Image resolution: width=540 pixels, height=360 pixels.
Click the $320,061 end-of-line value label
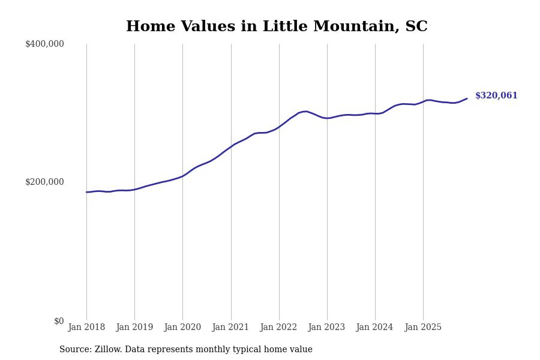coord(496,96)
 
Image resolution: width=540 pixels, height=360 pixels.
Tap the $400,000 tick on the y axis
coord(44,44)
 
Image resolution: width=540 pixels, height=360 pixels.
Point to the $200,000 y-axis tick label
coord(44,182)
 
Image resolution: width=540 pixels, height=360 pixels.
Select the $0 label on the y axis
coord(59,321)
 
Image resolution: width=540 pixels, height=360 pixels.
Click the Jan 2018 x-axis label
coord(86,328)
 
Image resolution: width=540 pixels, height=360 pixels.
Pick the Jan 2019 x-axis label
coord(134,328)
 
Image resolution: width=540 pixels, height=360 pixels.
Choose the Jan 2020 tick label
coord(182,328)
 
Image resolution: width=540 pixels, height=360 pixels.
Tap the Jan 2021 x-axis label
coord(231,328)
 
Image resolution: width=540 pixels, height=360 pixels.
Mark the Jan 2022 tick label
coord(279,328)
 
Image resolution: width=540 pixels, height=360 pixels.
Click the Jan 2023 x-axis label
coord(327,328)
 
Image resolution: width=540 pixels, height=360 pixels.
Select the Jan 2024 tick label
coord(375,328)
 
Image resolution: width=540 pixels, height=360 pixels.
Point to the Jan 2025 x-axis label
coord(423,328)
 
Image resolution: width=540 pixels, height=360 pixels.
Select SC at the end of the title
coord(416,27)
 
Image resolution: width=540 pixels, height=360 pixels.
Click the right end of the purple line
coord(467,98)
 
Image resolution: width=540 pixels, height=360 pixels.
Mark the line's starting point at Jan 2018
coord(86,192)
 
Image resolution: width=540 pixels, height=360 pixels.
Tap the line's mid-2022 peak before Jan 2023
coord(306,111)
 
